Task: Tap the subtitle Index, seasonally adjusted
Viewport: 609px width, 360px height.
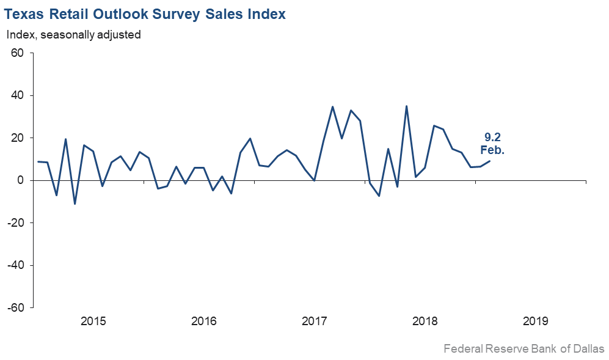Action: [x=74, y=35]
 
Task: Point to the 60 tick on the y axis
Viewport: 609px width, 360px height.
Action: [x=17, y=53]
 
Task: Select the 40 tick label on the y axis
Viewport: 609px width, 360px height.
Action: [x=17, y=95]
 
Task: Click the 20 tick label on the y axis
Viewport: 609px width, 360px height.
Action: [x=17, y=138]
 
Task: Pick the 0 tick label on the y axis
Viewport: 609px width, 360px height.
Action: [x=20, y=180]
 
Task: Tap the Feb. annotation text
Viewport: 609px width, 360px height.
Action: [x=492, y=150]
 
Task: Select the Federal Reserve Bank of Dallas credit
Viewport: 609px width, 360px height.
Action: [x=524, y=349]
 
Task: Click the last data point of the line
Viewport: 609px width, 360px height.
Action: [x=489, y=161]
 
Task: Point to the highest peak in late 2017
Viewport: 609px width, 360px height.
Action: [x=406, y=106]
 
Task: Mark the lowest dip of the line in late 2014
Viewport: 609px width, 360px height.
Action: [x=75, y=204]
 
